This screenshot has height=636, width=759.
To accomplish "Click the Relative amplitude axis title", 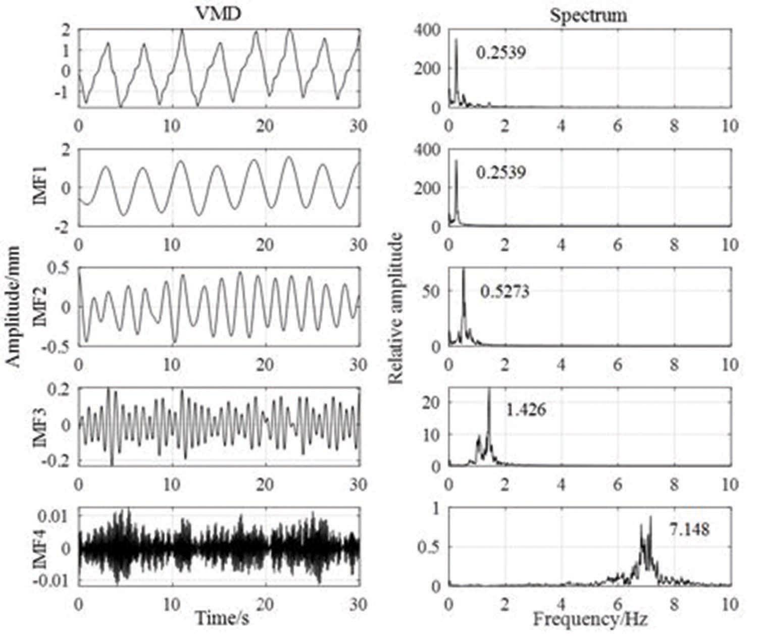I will (396, 308).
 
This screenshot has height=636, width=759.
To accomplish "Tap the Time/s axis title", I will (222, 618).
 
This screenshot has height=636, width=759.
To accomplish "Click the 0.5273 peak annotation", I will (504, 292).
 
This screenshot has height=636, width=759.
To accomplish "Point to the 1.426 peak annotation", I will (526, 409).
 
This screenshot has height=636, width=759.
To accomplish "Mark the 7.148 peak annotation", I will (689, 529).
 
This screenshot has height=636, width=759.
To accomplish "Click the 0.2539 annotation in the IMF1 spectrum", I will (500, 172).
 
